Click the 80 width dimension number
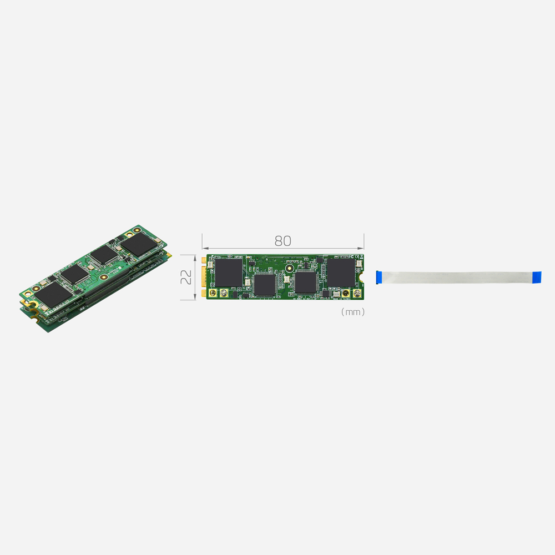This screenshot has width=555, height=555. (x=282, y=241)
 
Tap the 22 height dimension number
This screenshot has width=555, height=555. (x=187, y=277)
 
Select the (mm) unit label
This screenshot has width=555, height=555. (x=353, y=312)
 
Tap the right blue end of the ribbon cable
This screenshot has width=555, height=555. (x=536, y=277)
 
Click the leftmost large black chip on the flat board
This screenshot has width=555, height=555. (x=229, y=272)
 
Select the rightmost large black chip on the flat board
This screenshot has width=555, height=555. (x=340, y=272)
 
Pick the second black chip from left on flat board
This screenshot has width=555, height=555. (x=265, y=284)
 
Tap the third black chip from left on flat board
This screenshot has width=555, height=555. (x=305, y=282)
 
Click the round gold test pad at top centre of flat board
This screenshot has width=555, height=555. (x=289, y=269)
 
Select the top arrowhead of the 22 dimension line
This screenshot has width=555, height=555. (x=195, y=256)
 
